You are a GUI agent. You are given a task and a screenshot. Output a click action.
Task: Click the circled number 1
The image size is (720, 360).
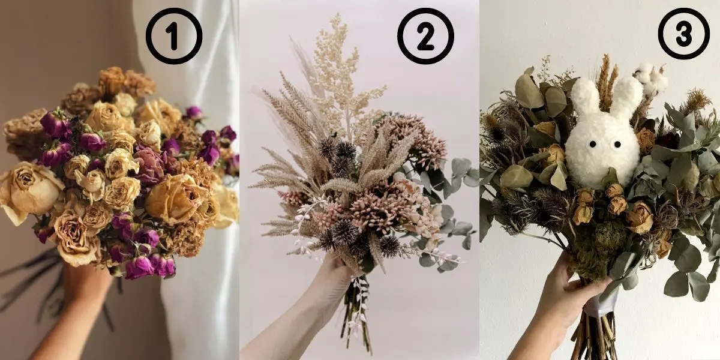(174, 36)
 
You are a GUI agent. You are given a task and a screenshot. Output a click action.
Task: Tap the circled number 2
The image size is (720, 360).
(425, 36)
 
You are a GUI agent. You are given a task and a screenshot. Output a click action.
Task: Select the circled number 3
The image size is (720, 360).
(683, 34)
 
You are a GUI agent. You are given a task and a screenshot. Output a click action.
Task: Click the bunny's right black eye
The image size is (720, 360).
(617, 145)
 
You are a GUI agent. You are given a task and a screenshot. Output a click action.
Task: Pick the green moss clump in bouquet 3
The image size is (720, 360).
(595, 247)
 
